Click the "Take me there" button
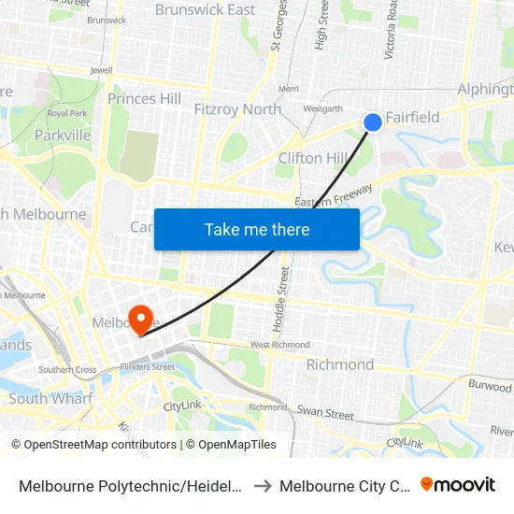coord(257,229)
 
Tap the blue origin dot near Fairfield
coord(372,121)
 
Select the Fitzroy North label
coord(237,109)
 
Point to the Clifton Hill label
coord(313,158)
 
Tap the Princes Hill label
coord(144,98)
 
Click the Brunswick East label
coord(205,10)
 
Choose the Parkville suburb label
coord(63,136)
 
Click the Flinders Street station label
coord(150,367)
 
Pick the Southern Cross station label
coord(67,370)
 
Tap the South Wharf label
coord(50,399)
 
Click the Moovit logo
coord(457,484)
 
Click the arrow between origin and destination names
coord(261,485)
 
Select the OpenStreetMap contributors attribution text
coord(93,445)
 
